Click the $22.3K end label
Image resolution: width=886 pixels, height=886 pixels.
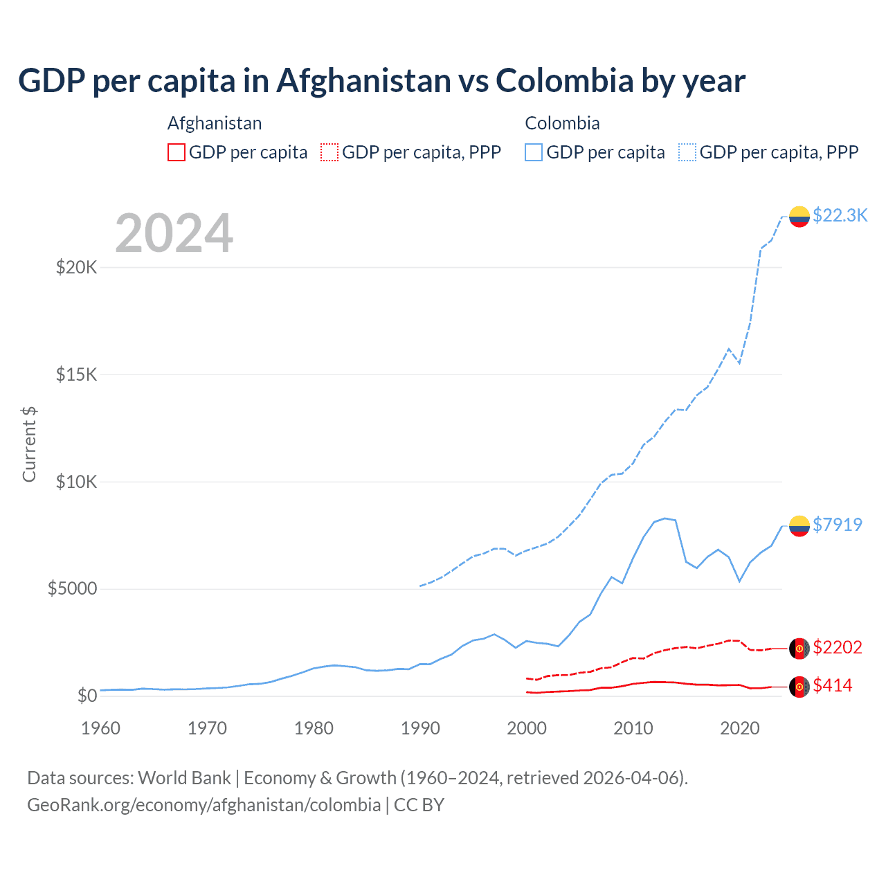tap(840, 215)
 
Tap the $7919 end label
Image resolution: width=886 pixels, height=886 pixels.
tap(838, 525)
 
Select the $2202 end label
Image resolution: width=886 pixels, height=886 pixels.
tap(838, 647)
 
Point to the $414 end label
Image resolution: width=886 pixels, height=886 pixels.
tap(833, 685)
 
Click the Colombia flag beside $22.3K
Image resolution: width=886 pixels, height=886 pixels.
tap(799, 217)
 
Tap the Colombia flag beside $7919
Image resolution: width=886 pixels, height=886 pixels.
tap(799, 526)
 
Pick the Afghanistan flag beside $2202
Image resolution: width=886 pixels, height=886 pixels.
tap(799, 649)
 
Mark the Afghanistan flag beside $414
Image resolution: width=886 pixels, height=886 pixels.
tap(799, 687)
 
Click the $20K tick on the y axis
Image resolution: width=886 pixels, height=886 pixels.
tap(76, 267)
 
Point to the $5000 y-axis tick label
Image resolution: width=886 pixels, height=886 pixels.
tap(72, 589)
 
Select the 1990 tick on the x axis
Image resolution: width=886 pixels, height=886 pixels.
tap(420, 728)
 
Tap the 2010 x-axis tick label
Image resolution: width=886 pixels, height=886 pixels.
tap(633, 728)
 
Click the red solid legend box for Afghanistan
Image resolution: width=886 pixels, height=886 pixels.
tap(177, 152)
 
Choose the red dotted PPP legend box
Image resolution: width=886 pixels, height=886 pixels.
tap(329, 152)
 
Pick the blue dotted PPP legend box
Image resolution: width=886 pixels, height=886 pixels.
tap(687, 152)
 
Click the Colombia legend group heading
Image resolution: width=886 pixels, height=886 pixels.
tap(562, 123)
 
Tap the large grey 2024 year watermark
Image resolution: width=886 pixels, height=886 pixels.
tap(174, 233)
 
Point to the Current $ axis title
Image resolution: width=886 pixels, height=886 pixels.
tap(29, 444)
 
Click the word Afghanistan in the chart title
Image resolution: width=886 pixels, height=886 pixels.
tap(364, 81)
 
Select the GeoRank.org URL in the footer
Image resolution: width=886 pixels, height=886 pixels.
tap(204, 805)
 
